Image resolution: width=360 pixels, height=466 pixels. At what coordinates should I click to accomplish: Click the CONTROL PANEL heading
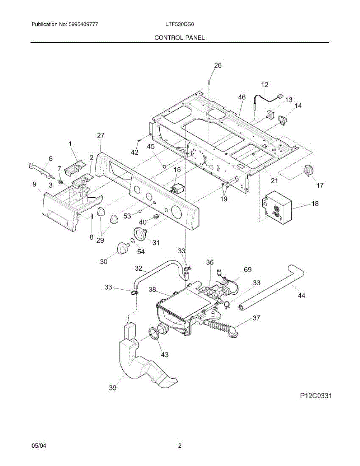179,38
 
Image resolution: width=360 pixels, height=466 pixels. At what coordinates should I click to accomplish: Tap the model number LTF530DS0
179,24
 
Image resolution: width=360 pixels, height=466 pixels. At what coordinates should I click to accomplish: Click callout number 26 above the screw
218,66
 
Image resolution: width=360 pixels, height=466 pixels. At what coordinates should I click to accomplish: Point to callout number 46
242,97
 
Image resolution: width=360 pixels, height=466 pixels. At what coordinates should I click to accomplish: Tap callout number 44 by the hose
301,296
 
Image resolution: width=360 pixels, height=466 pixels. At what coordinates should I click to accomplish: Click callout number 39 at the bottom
113,387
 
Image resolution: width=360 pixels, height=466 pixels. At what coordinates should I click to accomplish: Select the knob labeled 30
123,247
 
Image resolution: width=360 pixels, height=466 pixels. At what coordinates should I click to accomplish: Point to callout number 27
101,136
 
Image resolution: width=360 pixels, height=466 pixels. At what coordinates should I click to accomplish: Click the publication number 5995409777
83,24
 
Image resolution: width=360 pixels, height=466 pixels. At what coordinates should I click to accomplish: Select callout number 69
248,270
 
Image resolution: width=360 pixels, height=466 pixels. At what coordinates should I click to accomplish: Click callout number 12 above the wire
264,84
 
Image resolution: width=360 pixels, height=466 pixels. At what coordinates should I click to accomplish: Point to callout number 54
141,252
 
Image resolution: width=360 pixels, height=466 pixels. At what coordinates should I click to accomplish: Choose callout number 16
177,170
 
